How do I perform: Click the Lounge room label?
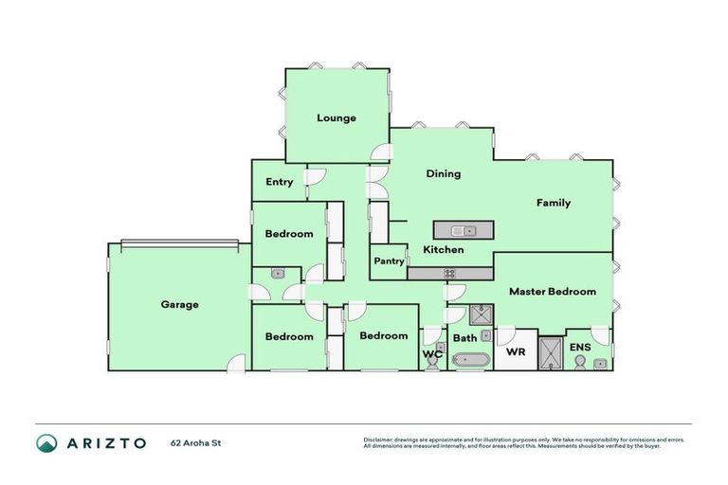337,118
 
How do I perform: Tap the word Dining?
443,173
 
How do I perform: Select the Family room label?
554,203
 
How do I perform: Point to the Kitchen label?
443,250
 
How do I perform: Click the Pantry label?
389,261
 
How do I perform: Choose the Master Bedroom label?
553,292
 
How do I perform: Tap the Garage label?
179,305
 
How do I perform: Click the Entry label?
279,182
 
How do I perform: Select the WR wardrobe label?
517,351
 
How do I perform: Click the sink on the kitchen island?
464,229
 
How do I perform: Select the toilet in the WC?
432,364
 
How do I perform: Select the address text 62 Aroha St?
196,442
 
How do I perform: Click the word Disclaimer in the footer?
378,440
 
